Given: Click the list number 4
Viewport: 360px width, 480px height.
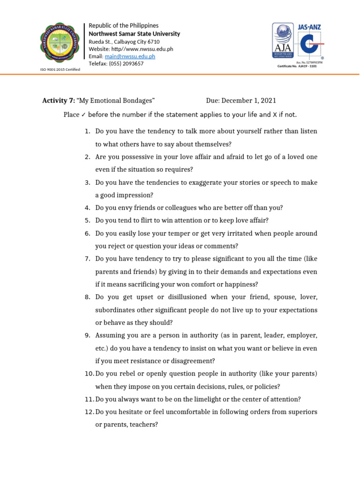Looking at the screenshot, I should [87, 208].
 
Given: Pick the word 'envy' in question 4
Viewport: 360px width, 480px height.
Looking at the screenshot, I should [124, 208].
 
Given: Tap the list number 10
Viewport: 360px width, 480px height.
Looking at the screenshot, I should [89, 374].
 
